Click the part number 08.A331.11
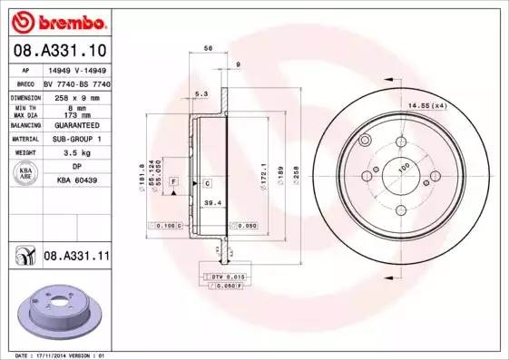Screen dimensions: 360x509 click(76, 258)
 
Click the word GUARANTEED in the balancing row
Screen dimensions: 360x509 click(77, 124)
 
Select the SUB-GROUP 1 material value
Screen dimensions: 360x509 click(77, 139)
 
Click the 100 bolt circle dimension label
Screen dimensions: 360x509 click(404, 165)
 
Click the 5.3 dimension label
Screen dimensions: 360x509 click(201, 93)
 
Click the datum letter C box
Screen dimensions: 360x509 click(207, 183)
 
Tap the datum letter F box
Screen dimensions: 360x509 click(173, 183)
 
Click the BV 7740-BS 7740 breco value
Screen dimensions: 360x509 click(77, 82)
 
